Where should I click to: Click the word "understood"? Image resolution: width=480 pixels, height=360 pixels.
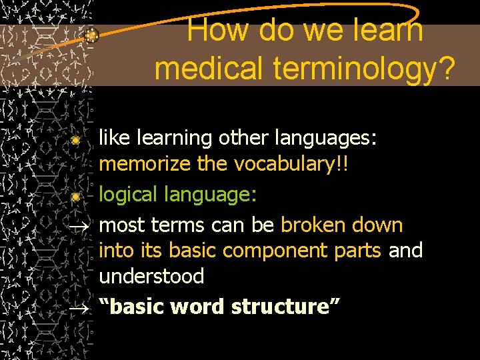(151, 276)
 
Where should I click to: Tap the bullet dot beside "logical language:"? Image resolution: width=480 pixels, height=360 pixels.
(76, 197)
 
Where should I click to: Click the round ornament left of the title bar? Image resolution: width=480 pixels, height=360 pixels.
(93, 37)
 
